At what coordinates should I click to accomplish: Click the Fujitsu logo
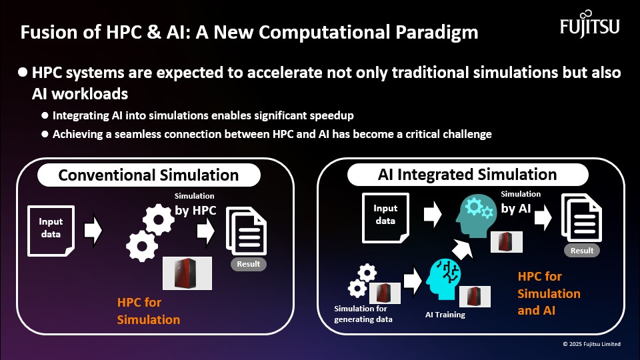tap(590, 25)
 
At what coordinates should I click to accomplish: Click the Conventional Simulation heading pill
tap(149, 175)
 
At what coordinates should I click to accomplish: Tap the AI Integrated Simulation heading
tap(467, 174)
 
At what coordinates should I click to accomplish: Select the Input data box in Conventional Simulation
tap(51, 231)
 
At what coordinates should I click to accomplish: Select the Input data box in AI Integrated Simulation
tap(385, 218)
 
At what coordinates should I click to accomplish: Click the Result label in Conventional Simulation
tap(248, 264)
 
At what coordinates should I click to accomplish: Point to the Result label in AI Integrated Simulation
tap(582, 251)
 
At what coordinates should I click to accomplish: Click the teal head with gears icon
tap(475, 216)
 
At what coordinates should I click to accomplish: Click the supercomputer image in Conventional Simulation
tap(187, 273)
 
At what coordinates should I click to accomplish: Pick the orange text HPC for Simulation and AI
tap(549, 293)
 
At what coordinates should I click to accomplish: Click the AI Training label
tap(445, 315)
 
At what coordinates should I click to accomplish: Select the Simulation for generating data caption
tap(363, 314)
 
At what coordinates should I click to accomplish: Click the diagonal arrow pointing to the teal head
tap(462, 249)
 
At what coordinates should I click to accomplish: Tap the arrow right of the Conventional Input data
tap(93, 230)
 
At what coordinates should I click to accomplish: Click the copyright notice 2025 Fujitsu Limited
tap(591, 344)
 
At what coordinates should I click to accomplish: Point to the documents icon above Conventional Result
tap(246, 231)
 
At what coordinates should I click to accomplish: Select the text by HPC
tap(195, 210)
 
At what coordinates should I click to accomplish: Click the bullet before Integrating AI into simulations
tap(45, 115)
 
